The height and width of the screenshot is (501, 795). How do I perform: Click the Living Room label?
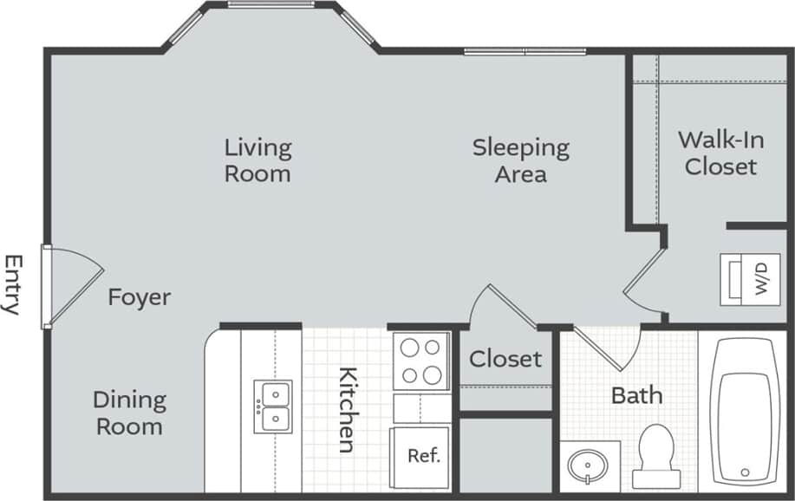257,160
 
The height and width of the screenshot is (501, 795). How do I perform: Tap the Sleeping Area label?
520,160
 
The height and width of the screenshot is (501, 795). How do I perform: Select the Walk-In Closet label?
720,153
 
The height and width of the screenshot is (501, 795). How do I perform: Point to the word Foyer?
139,297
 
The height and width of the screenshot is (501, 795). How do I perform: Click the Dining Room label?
129,413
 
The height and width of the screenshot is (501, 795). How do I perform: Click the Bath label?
637,396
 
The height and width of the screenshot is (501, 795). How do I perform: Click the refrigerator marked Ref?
421,457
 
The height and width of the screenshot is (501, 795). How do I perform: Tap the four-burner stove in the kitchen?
420,361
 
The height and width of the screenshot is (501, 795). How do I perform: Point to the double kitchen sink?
272,407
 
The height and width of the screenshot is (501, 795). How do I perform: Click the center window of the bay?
271,5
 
